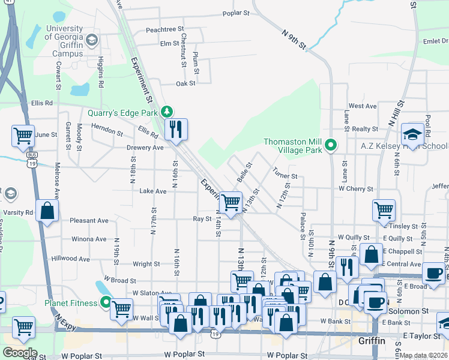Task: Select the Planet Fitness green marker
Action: (x=106, y=302)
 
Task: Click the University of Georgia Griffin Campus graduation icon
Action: (x=91, y=40)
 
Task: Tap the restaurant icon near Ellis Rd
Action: (x=176, y=129)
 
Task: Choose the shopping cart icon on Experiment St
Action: (x=231, y=202)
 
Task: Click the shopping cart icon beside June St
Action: (x=23, y=136)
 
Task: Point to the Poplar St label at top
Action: (x=235, y=13)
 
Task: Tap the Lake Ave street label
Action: (x=152, y=191)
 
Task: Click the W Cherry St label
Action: (x=356, y=188)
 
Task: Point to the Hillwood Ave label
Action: (x=70, y=259)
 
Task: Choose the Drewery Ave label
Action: (x=145, y=147)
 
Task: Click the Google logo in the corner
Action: (x=19, y=353)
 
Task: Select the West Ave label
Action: (x=363, y=106)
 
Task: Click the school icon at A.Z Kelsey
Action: (x=412, y=134)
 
